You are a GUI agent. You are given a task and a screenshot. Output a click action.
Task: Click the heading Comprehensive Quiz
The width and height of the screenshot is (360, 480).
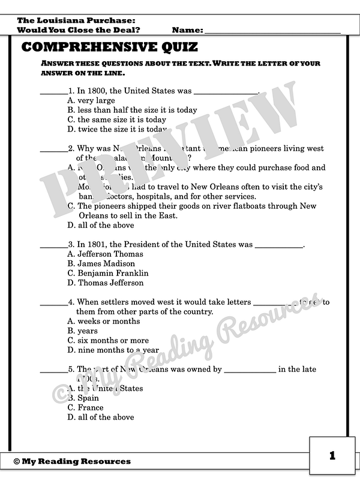(109, 47)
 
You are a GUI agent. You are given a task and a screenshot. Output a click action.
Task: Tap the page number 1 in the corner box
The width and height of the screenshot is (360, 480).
(332, 456)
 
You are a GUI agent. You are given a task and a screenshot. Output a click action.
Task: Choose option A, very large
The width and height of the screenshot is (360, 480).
(91, 101)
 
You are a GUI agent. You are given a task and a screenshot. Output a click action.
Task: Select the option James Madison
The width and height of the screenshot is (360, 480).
(101, 263)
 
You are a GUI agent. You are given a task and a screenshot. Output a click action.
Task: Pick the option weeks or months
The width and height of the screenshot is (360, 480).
(103, 321)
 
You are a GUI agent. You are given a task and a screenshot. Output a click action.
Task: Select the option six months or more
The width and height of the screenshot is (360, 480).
(108, 340)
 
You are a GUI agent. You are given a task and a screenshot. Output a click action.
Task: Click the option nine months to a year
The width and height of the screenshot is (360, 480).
(113, 350)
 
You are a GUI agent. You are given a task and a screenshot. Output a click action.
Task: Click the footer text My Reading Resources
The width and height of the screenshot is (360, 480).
(72, 461)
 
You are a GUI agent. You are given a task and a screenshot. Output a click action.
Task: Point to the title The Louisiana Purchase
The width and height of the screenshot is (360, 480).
(71, 20)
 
